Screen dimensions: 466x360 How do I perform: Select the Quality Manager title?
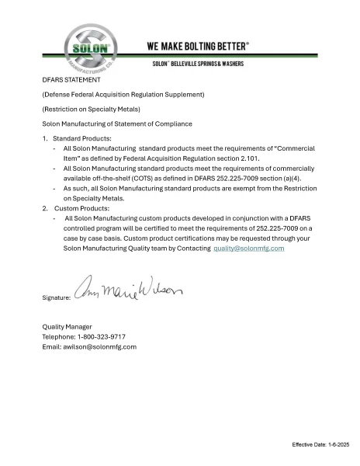coord(67,327)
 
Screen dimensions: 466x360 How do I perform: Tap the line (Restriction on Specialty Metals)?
coord(92,109)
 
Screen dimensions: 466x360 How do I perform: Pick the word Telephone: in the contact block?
coord(59,337)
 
